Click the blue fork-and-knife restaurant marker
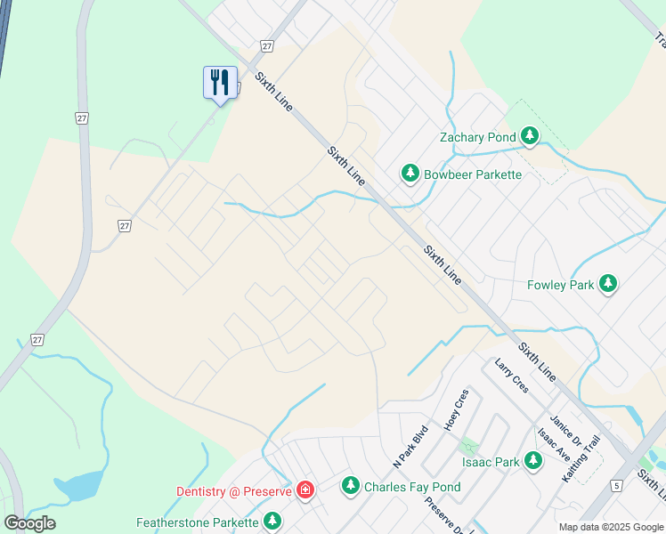(219, 83)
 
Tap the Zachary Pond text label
(477, 137)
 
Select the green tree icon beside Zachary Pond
(530, 136)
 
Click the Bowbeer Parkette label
(472, 174)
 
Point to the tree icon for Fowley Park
(608, 284)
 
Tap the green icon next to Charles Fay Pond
(351, 486)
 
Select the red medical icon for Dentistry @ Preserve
(305, 490)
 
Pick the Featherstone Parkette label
(197, 522)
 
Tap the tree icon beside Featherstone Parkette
(272, 522)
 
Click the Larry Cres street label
(512, 376)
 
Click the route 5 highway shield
(616, 485)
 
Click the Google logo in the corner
(30, 523)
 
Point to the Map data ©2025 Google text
(611, 527)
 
